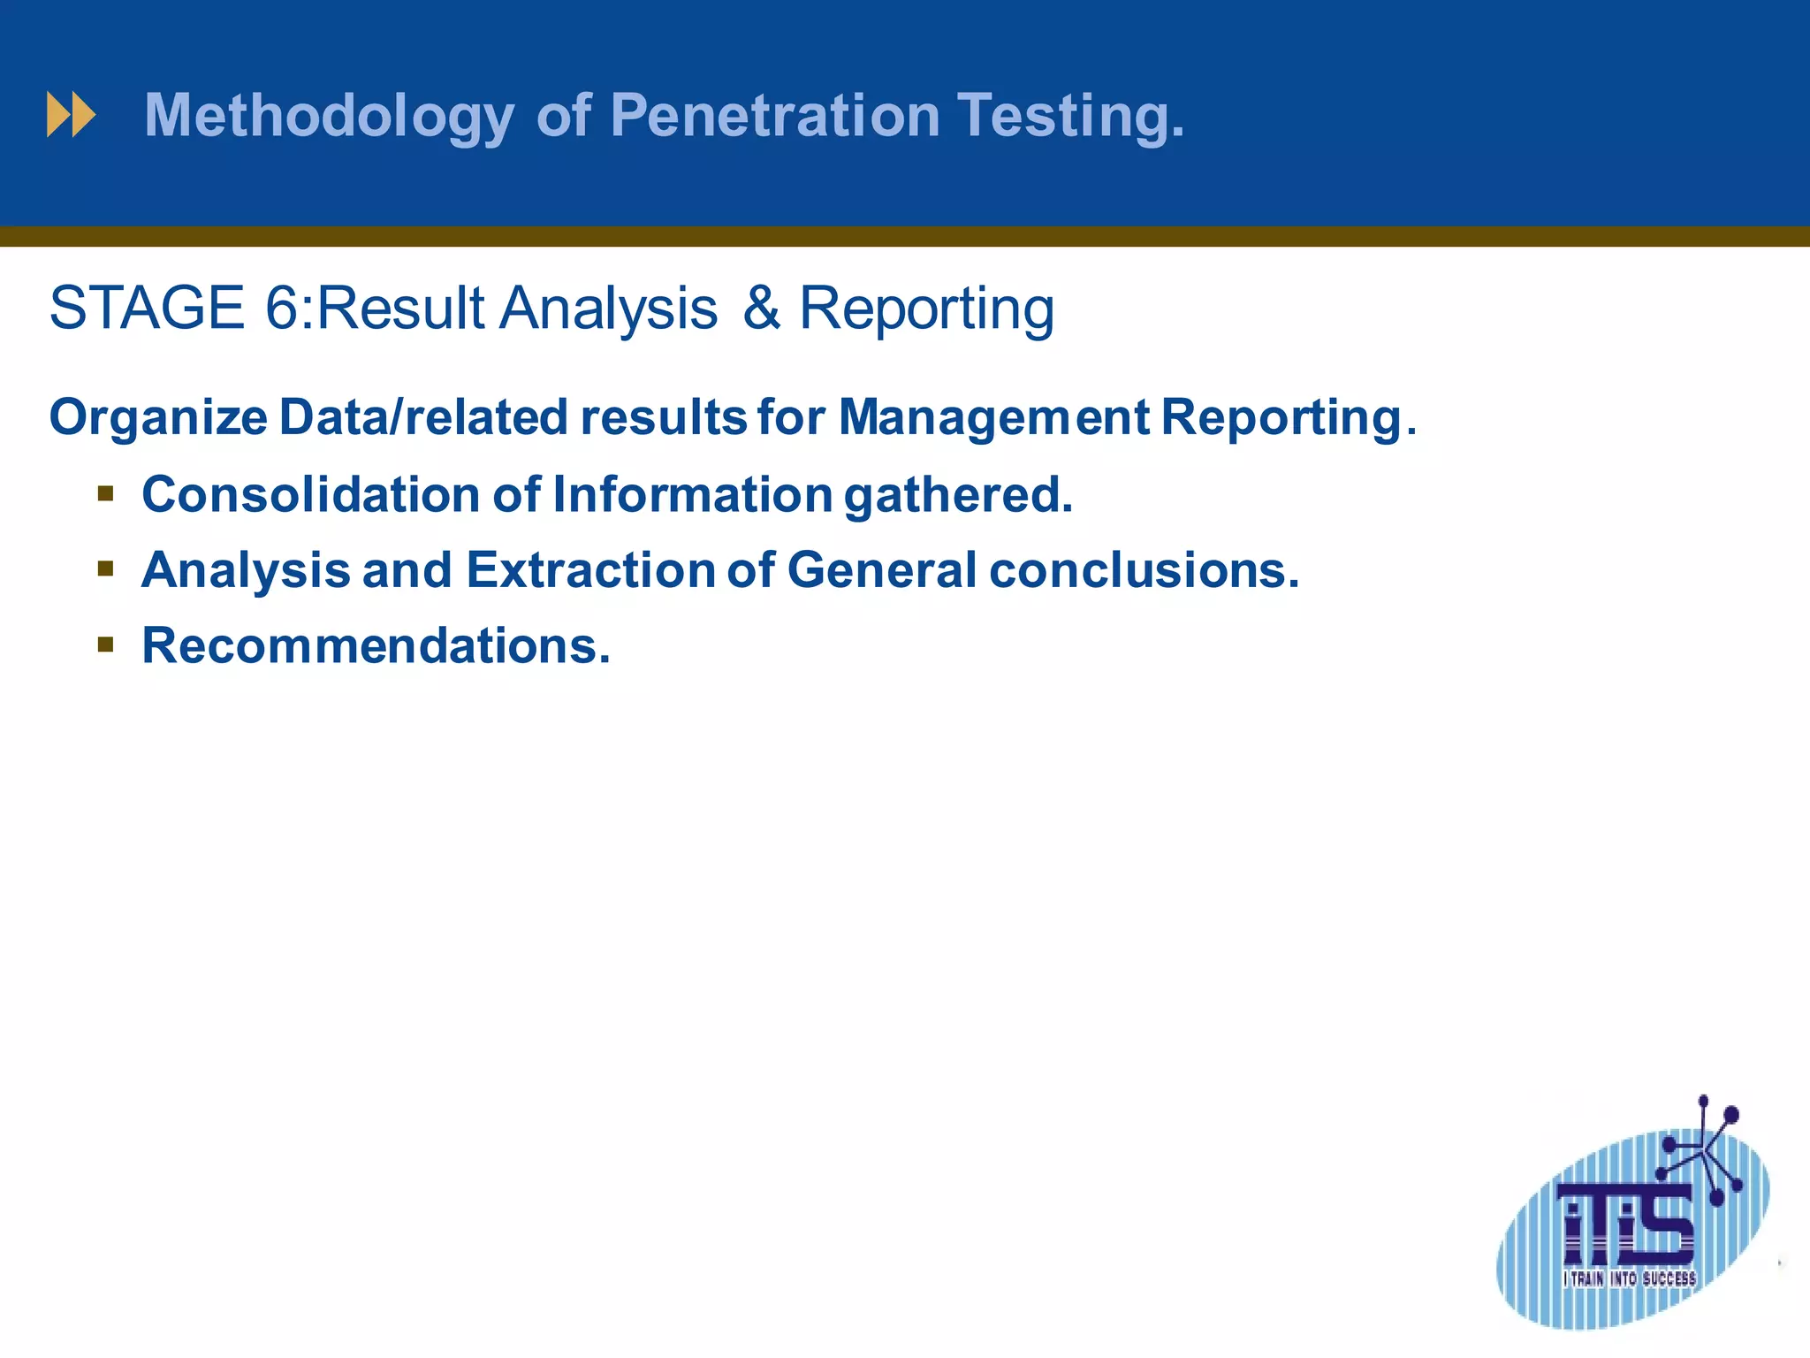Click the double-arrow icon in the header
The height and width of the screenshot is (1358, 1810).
click(71, 115)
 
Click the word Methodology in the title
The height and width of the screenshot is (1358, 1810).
click(329, 117)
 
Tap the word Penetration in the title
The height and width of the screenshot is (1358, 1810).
click(775, 115)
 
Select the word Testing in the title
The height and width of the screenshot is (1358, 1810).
click(1070, 117)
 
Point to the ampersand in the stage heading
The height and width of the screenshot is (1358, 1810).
click(761, 309)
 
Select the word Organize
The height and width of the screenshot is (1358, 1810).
click(158, 418)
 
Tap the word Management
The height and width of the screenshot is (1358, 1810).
click(993, 417)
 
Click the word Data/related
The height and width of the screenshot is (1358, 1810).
click(423, 417)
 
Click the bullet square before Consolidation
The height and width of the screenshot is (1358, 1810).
click(106, 493)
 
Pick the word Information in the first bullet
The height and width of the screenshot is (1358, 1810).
click(692, 494)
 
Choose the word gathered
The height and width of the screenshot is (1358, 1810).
click(958, 495)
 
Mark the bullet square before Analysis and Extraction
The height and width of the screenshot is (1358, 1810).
click(106, 569)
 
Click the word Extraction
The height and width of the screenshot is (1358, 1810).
click(590, 570)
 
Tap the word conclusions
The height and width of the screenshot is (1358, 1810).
click(1144, 570)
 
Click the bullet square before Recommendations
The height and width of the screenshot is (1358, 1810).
click(106, 645)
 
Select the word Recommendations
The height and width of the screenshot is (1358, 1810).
click(376, 646)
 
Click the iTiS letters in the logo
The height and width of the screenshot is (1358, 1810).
click(1627, 1224)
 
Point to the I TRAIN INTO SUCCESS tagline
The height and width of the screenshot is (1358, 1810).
click(1629, 1278)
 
